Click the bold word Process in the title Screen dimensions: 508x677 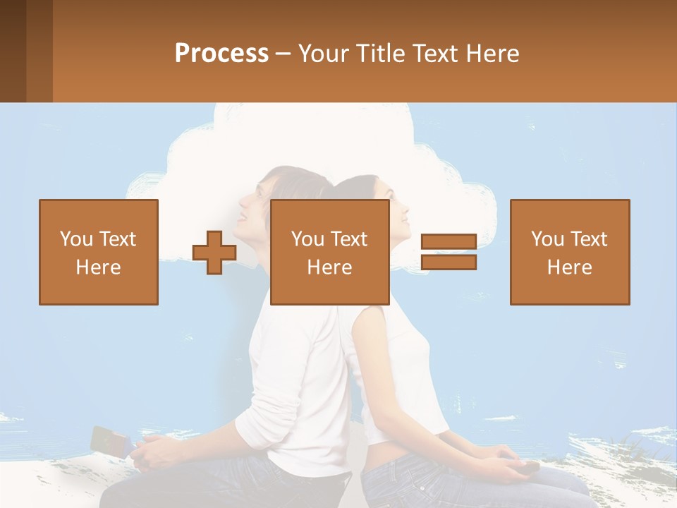(x=221, y=54)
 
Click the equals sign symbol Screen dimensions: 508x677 (x=449, y=253)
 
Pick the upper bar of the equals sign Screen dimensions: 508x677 (x=449, y=242)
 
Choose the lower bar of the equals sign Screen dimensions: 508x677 (x=449, y=262)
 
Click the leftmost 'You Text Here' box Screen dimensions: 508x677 (x=99, y=252)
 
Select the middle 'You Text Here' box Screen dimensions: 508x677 (x=329, y=252)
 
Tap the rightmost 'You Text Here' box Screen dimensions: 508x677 (x=569, y=252)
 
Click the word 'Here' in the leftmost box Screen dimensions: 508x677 (x=98, y=267)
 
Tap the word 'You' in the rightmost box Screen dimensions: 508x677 (x=547, y=239)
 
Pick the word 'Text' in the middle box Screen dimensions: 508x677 (x=349, y=239)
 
